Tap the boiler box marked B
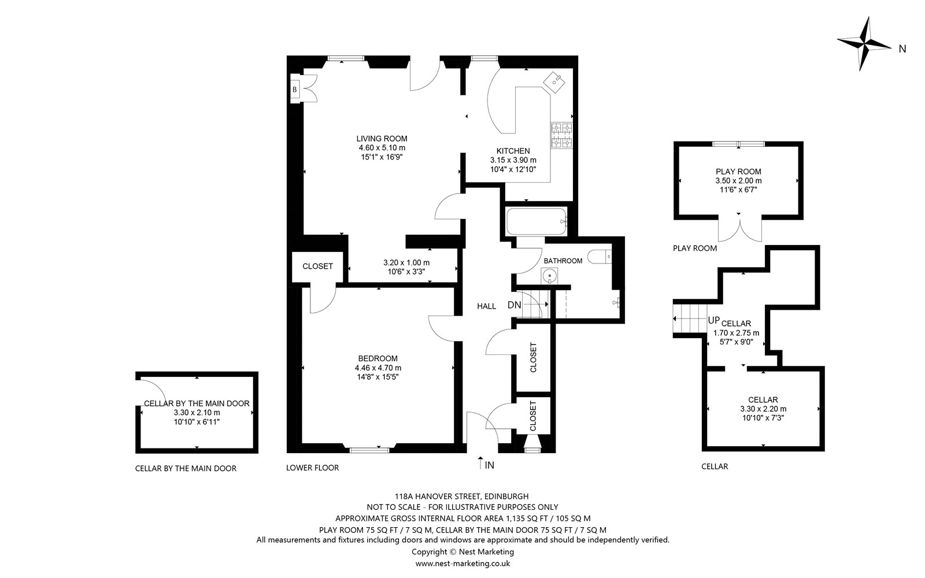coord(295,89)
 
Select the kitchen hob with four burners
coord(561,135)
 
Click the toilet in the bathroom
coord(599,257)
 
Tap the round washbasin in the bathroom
coord(549,275)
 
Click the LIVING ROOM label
coord(382,139)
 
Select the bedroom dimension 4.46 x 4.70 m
coord(378,368)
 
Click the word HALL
coord(486,306)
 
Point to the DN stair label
coord(514,305)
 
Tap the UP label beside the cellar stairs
coord(713,320)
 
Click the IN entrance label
coord(489,465)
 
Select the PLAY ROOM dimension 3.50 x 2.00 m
coord(739,181)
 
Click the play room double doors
coord(739,228)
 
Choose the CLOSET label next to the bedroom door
coord(317,266)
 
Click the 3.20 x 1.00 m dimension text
coord(406,262)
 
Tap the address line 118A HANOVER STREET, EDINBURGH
coord(462,497)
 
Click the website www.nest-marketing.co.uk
coord(462,564)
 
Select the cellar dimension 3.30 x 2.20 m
coord(763,409)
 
